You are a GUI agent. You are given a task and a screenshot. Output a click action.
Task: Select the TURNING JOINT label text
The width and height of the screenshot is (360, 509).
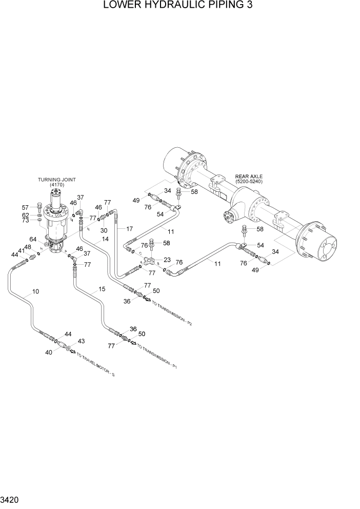pos(57,180)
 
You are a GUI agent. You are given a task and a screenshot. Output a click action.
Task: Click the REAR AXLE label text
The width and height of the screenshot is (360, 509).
pos(248,176)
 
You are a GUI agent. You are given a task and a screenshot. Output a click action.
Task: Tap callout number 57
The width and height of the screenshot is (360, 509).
pos(26,207)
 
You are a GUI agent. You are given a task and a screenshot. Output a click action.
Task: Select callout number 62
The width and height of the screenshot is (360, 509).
pos(26,215)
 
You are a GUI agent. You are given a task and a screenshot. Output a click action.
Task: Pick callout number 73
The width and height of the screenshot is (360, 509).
pos(26,222)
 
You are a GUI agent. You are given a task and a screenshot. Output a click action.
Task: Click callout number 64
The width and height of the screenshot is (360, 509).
pos(32,239)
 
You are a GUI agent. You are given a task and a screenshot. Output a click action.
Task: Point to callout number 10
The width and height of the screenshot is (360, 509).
pos(35,292)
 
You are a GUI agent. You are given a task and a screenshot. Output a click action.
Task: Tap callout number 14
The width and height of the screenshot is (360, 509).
pos(105,239)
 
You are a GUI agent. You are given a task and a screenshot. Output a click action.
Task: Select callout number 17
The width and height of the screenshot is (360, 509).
pos(129,229)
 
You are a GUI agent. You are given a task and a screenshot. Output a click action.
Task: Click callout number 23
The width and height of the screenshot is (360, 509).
pos(167,260)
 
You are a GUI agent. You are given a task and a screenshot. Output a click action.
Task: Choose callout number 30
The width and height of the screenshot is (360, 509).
pos(104,230)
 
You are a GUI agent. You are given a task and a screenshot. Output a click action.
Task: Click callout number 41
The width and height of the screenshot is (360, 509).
pos(22,251)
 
